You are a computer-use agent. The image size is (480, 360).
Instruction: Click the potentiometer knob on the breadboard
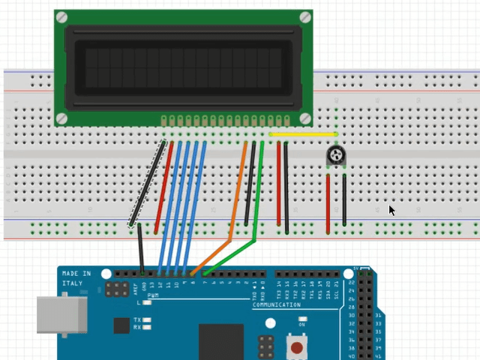(335, 155)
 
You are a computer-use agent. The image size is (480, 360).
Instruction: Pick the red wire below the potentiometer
(328, 202)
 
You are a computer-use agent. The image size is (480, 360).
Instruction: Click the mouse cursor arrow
(391, 211)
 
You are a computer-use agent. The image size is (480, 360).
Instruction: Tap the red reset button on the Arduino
(298, 348)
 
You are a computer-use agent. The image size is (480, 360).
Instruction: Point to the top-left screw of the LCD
(61, 17)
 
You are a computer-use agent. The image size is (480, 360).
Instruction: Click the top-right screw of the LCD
(305, 17)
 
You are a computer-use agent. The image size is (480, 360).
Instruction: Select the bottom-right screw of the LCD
(305, 118)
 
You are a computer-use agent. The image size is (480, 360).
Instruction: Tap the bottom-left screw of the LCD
(61, 118)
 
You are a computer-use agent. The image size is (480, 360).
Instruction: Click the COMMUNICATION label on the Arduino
(276, 305)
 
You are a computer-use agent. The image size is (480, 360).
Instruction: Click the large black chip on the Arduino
(221, 342)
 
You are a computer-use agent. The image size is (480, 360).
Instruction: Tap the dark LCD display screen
(184, 67)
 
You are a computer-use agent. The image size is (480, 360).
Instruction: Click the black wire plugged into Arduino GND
(140, 247)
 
